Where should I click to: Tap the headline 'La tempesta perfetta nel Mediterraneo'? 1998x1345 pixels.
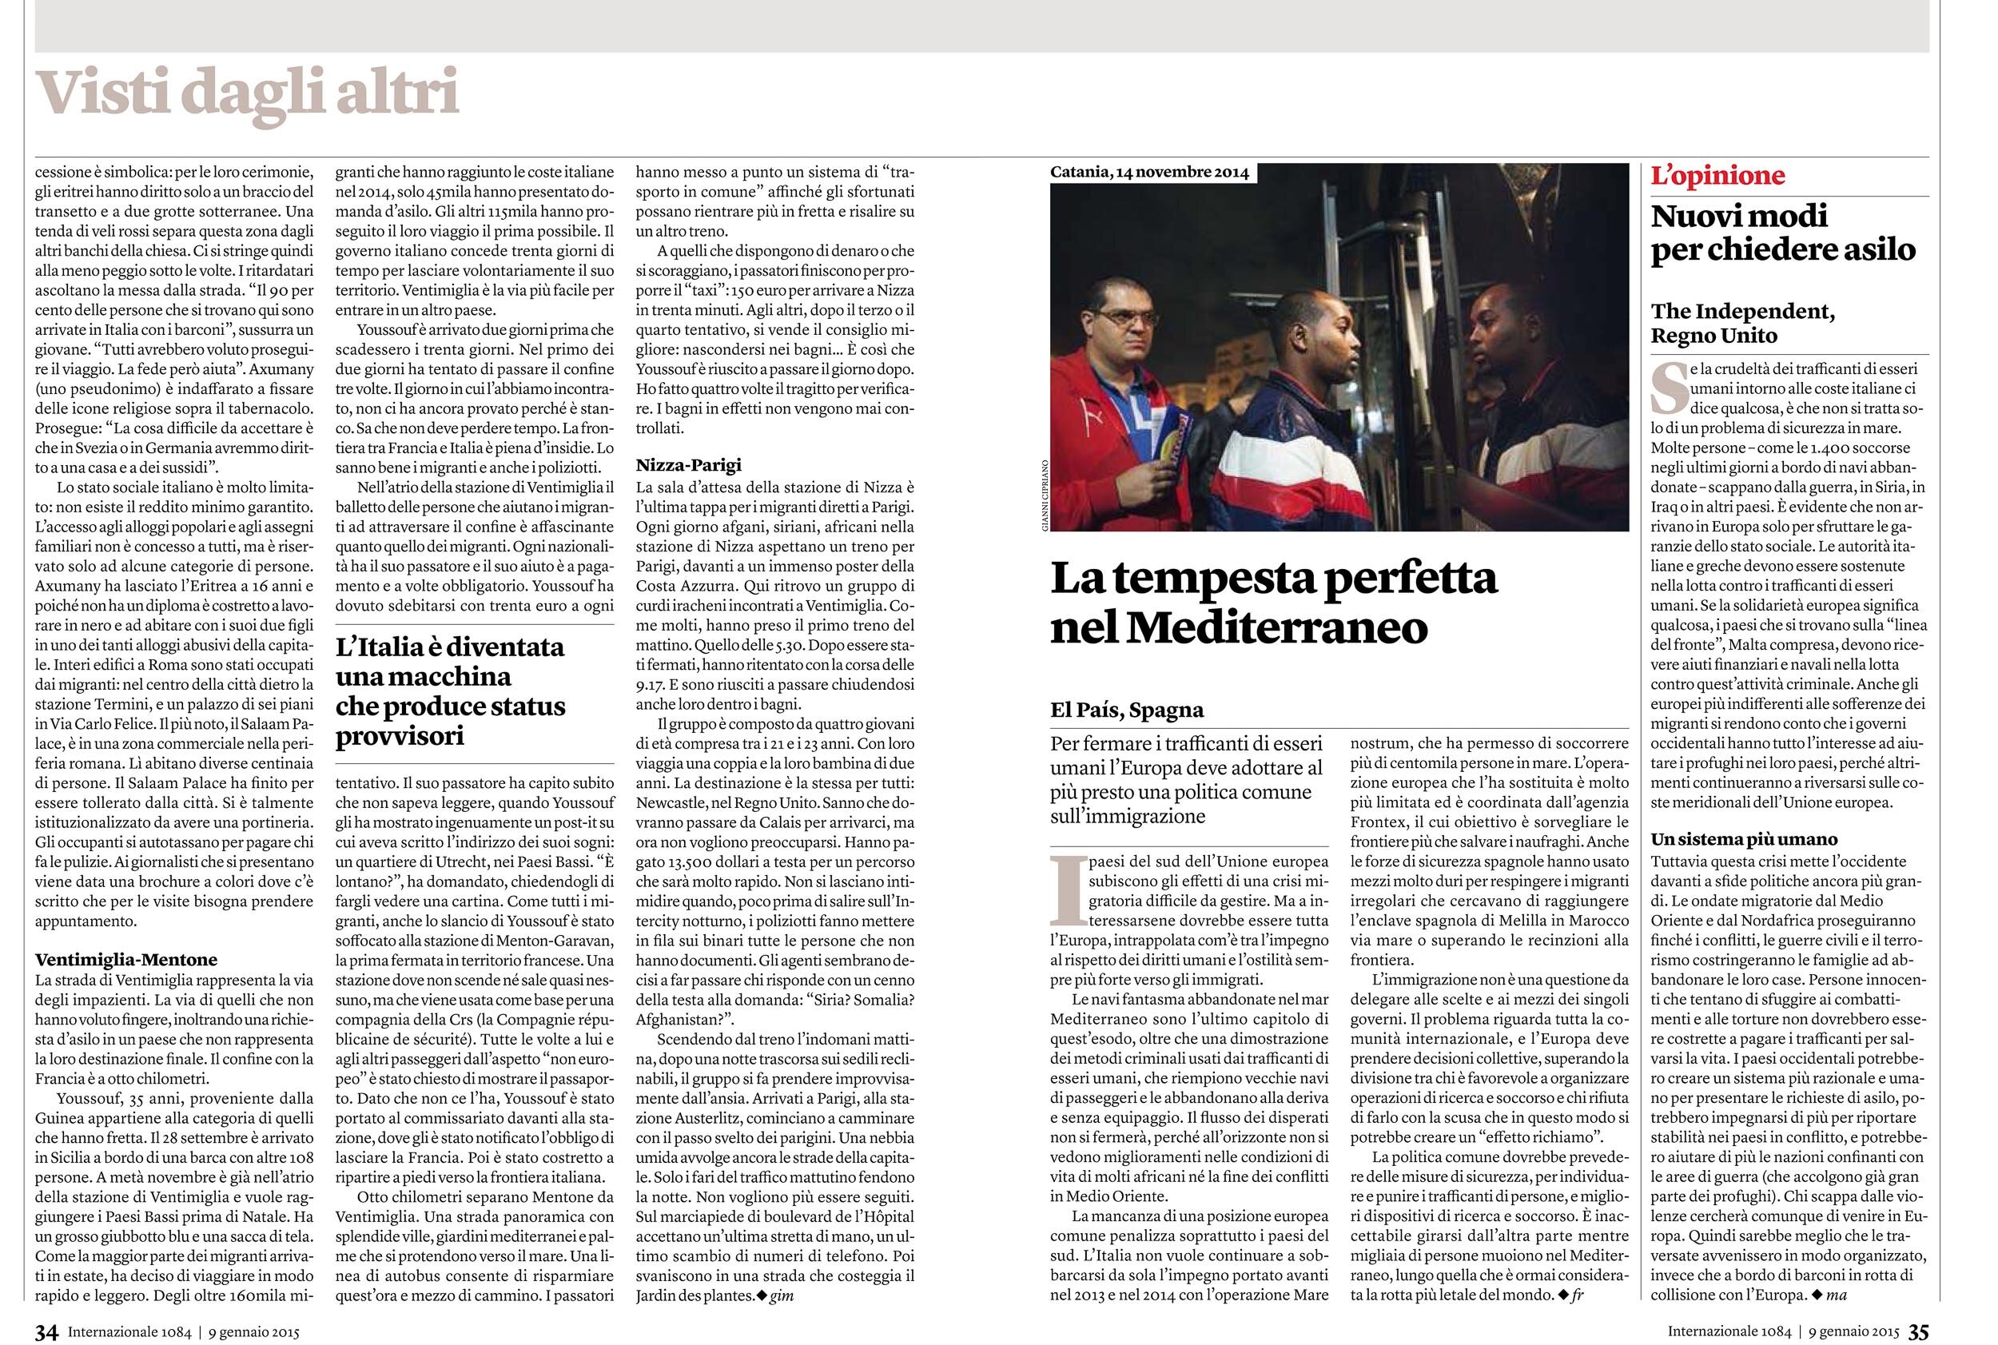coord(1274,603)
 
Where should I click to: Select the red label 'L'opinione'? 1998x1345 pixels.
coord(1717,176)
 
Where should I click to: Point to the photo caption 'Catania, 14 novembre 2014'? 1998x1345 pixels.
coord(1149,173)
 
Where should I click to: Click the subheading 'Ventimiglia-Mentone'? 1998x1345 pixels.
coord(126,960)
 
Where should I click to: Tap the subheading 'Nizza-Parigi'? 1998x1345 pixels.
coord(688,466)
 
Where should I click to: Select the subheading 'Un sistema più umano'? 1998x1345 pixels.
coord(1744,839)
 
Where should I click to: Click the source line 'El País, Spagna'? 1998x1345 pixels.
coord(1127,710)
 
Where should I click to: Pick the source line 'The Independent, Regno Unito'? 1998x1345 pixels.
coord(1742,324)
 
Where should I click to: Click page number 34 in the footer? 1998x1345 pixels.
coord(46,1332)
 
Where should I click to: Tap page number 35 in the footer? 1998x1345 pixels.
coord(1917,1332)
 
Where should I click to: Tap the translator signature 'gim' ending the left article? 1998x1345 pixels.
coord(782,1296)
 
